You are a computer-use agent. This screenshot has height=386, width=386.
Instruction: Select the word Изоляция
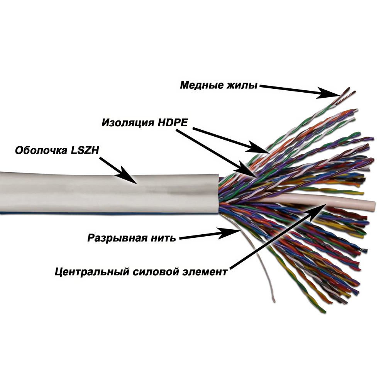click(x=127, y=122)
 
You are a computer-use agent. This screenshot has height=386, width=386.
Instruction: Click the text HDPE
click(x=173, y=122)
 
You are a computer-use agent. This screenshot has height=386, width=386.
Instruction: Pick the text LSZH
click(x=85, y=150)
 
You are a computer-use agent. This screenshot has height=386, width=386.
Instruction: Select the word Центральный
click(x=92, y=272)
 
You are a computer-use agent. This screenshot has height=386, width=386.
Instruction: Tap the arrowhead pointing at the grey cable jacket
click(x=127, y=175)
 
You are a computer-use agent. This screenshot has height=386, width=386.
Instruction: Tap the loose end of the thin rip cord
click(x=274, y=301)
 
